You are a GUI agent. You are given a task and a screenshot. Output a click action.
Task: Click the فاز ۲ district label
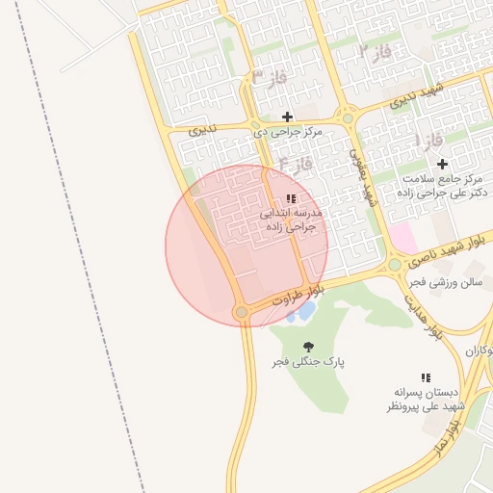[x=375, y=52]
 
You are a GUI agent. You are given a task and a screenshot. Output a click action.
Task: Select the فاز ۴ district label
[x=296, y=165]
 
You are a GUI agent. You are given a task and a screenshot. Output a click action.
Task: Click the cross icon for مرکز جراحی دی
[x=287, y=117]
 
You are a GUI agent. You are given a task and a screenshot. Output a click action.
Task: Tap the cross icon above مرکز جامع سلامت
[x=442, y=164]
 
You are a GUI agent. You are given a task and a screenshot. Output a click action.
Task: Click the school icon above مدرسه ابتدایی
[x=291, y=198]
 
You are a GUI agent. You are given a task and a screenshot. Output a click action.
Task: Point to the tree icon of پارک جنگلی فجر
[x=309, y=347]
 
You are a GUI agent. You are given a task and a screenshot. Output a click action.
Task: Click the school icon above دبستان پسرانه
[x=426, y=377]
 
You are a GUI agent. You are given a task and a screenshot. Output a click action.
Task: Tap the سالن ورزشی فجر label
[x=443, y=282]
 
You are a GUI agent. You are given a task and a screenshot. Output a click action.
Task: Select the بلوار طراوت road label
[x=299, y=294]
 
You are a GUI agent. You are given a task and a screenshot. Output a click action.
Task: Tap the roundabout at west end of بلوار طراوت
[x=241, y=312]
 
